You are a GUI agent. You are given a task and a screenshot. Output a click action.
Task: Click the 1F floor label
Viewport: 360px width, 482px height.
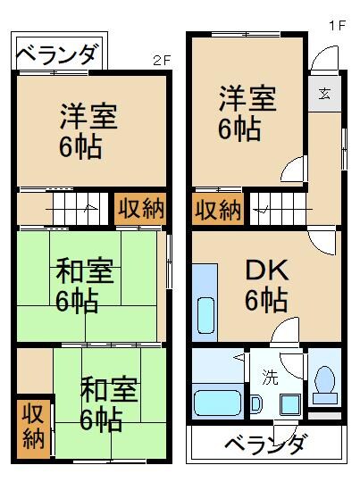[x=336, y=26]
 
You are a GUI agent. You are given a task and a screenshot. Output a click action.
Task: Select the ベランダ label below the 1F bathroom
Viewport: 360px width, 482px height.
[x=265, y=444]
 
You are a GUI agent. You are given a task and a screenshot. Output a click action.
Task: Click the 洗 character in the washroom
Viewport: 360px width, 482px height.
[x=270, y=377]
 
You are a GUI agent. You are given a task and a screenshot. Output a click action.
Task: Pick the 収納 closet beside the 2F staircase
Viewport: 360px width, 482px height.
[x=141, y=210]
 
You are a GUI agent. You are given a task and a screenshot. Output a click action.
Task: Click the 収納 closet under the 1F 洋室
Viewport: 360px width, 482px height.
[x=218, y=210]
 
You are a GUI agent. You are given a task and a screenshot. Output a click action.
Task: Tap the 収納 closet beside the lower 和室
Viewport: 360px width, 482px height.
[x=34, y=427]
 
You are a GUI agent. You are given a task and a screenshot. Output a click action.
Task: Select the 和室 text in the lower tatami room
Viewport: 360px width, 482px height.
[x=109, y=390]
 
